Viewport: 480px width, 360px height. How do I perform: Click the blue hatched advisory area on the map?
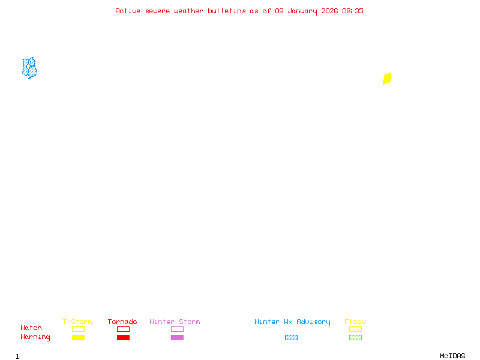tap(29, 68)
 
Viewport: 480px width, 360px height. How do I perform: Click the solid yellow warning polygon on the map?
tap(387, 79)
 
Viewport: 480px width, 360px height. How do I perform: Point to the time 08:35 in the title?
tap(353, 11)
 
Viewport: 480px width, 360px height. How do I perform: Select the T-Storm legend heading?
tap(77, 322)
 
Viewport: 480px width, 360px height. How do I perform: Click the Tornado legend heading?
tap(122, 322)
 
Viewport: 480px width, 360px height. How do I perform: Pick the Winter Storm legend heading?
tap(175, 322)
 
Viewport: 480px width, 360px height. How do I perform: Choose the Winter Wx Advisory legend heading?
tap(292, 322)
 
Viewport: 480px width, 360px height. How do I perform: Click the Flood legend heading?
tap(355, 322)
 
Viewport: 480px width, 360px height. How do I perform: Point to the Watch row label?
tap(31, 328)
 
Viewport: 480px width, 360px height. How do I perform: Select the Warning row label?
tap(35, 337)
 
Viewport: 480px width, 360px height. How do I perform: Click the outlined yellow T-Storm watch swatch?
tap(78, 329)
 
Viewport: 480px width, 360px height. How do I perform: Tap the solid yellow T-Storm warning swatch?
tap(78, 337)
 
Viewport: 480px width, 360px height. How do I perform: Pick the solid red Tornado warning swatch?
tap(123, 337)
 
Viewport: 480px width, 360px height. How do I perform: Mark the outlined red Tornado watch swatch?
tap(123, 329)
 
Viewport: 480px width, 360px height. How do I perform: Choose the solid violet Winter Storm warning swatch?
tap(177, 337)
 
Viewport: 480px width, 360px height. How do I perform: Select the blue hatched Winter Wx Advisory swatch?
tap(291, 337)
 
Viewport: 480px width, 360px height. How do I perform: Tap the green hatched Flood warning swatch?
tap(355, 337)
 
